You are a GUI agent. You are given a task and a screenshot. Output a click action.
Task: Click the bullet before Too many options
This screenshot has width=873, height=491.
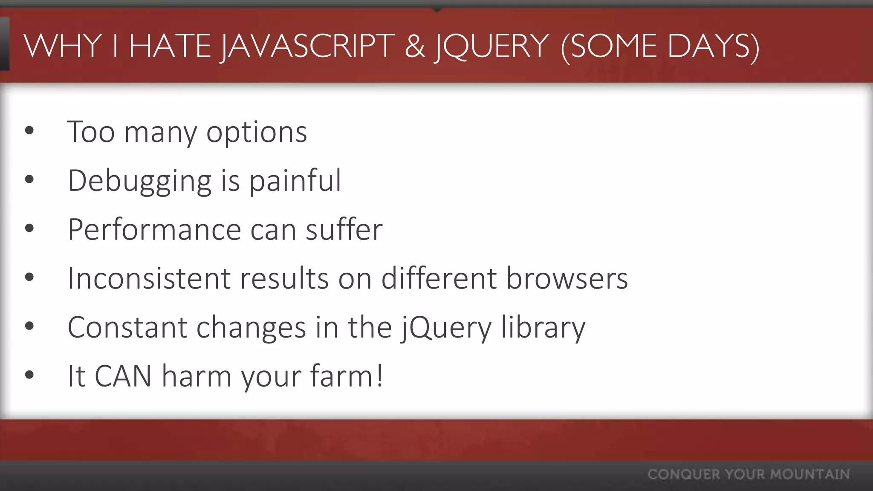[29, 130]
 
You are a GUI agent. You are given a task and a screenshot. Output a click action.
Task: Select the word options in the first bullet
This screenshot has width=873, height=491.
[257, 132]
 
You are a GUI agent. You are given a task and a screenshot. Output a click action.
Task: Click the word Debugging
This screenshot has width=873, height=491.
[139, 181]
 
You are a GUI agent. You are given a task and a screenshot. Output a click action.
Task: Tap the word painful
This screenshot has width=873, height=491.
[295, 181]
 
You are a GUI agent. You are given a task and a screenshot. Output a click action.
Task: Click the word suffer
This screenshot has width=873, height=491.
[344, 230]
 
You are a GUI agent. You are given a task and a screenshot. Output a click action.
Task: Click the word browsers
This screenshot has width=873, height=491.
[567, 278]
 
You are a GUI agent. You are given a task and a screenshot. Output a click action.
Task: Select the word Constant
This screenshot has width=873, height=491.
[127, 327]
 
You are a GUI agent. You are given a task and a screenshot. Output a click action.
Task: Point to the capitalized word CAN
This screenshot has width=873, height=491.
[123, 376]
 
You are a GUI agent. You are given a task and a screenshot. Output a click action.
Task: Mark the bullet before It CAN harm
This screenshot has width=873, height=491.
[29, 375]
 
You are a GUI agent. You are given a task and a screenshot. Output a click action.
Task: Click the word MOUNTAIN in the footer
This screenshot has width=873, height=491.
[810, 474]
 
